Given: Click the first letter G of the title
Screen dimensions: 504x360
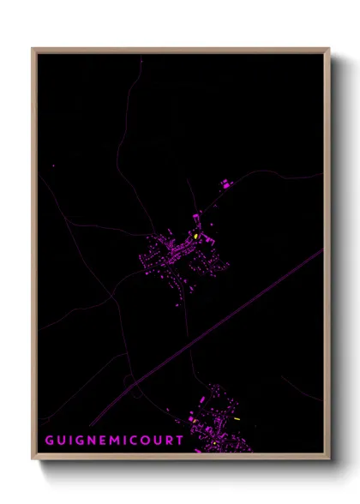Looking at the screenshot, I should pyautogui.click(x=48, y=441).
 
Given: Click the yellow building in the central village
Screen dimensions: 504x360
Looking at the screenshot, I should pyautogui.click(x=196, y=237).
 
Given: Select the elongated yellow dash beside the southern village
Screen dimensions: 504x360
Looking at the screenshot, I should pyautogui.click(x=237, y=419).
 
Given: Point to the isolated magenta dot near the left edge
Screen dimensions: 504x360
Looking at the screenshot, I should pyautogui.click(x=53, y=166).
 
